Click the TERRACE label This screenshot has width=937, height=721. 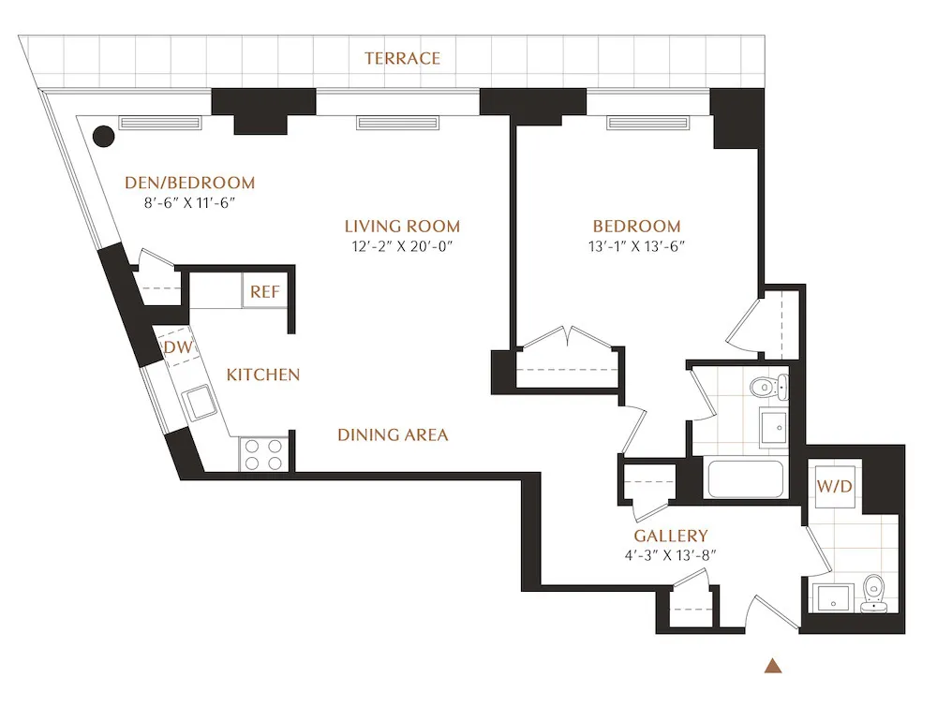[402, 58]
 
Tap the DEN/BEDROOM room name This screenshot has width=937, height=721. [190, 183]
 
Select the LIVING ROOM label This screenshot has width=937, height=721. [402, 226]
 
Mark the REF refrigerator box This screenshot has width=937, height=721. [264, 292]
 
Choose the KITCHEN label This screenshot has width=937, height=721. [263, 375]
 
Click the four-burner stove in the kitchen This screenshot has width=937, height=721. [263, 455]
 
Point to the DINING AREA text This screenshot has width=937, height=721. [393, 434]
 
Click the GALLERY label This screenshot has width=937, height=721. [670, 536]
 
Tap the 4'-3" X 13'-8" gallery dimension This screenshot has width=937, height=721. [670, 555]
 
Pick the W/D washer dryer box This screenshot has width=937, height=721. [834, 487]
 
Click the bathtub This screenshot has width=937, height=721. [746, 478]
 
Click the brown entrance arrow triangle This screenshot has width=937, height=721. [773, 667]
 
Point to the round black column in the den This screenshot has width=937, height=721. [104, 136]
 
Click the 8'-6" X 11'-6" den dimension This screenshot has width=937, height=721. [190, 203]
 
